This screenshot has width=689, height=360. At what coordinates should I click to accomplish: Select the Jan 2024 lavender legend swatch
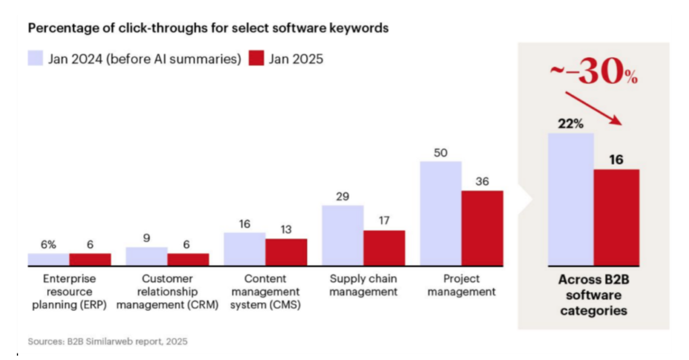click(35, 59)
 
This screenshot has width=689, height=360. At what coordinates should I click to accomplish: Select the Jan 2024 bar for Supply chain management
click(342, 235)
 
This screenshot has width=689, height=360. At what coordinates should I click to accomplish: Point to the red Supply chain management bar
click(384, 248)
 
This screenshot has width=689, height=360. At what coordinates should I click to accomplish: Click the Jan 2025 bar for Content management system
click(286, 252)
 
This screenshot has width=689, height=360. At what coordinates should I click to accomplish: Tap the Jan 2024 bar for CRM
click(146, 256)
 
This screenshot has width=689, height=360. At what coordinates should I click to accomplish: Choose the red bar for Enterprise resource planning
click(89, 259)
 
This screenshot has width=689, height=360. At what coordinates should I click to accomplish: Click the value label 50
click(441, 153)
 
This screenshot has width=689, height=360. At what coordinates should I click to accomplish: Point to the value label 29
click(342, 196)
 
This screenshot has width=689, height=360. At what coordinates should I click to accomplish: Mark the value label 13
click(286, 229)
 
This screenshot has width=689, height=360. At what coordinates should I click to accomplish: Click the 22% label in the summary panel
click(571, 124)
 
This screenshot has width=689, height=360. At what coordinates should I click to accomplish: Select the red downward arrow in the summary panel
click(593, 107)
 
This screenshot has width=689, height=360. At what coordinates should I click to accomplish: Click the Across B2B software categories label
click(593, 295)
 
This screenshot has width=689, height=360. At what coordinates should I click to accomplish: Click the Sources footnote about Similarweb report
click(108, 341)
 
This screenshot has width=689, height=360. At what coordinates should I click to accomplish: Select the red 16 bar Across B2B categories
click(616, 217)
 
